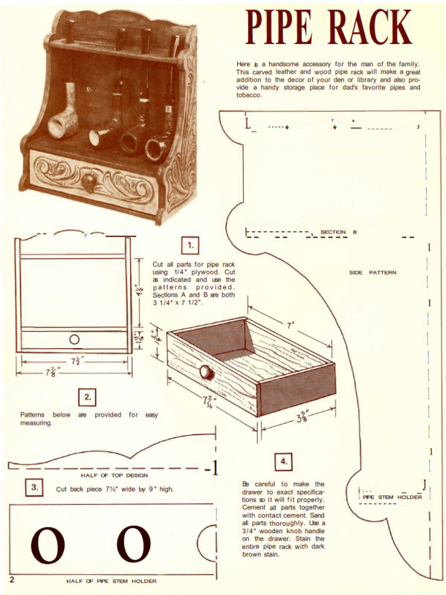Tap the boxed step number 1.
coord(191,244)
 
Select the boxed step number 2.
coord(88,397)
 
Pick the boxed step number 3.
coord(35,488)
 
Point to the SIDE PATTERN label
coord(372,272)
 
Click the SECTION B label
coord(338,232)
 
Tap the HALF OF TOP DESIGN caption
coord(114,475)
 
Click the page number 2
coord(13,578)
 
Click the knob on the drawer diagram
coord(203,371)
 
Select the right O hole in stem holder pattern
coord(135,544)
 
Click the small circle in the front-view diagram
coord(74,340)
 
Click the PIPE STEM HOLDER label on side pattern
coord(392,497)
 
